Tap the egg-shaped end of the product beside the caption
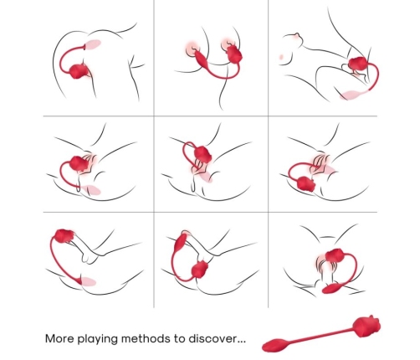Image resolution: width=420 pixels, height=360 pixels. coord(276,343)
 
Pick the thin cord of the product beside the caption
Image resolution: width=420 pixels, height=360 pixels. coord(322,336)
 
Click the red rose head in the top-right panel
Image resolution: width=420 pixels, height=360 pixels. coord(360,66)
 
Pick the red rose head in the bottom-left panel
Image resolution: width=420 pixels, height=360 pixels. coord(63,237)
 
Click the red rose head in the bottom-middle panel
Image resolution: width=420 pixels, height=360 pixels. coord(199,270)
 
